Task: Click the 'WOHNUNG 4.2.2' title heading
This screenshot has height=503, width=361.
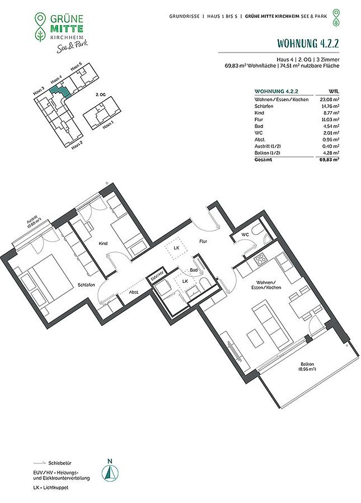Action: pos(308,43)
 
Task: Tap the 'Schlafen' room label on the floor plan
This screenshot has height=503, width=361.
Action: pos(86,284)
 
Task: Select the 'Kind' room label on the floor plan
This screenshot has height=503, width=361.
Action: pos(103,244)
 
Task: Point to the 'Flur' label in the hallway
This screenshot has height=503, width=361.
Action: pos(203,241)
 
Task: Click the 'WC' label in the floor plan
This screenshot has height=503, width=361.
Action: pos(245,235)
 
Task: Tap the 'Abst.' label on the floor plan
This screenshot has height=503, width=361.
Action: pos(134,292)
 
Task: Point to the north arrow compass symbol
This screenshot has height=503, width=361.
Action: pos(110,472)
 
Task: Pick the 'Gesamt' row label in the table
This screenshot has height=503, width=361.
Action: pos(263,159)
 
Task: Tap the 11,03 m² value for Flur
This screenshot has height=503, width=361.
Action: pos(328,120)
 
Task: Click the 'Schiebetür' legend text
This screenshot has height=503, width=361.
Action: pos(60,463)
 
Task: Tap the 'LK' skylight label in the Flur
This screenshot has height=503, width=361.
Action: pos(176,248)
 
